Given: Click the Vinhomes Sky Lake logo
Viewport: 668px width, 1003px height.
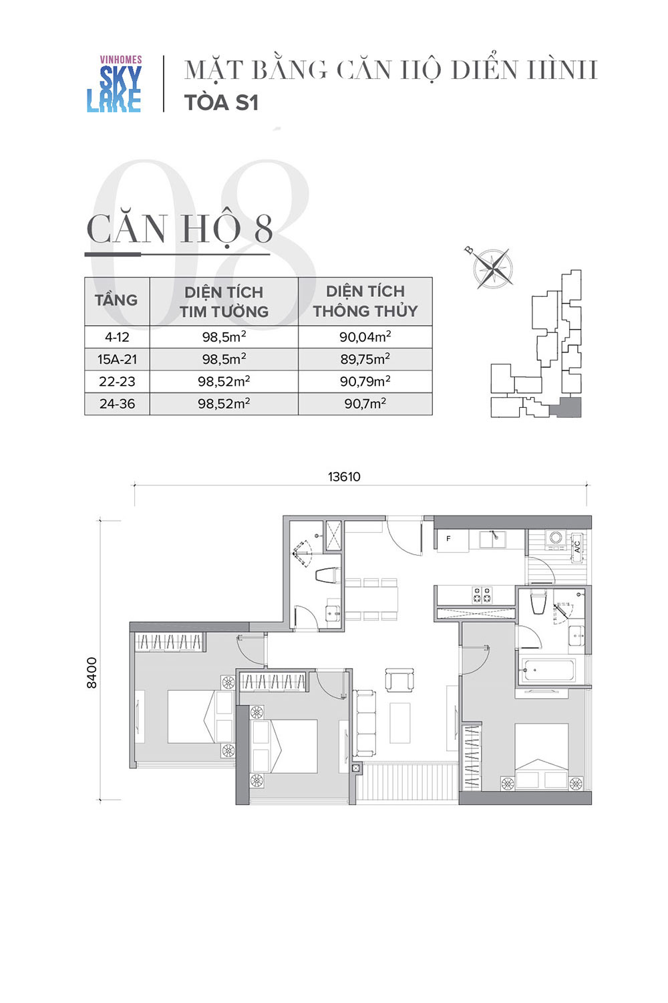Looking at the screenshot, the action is pos(114,84).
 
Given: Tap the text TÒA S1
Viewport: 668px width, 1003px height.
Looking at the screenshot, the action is pos(222,102).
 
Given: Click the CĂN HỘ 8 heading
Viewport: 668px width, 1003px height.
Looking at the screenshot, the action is pos(180,229).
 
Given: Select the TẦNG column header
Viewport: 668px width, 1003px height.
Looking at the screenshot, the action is pos(116,300).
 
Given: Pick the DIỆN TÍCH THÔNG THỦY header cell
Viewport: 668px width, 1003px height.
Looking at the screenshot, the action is pos(365,301).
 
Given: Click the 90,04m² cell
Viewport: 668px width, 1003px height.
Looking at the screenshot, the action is pos(365,337).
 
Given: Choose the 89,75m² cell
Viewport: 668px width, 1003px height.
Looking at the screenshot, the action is pos(365,359).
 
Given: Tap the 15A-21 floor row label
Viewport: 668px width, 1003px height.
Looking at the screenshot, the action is pos(117,359).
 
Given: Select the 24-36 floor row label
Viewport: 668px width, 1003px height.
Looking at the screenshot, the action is pos(117,404).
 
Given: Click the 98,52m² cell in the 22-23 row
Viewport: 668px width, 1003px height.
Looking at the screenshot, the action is pos(224,382).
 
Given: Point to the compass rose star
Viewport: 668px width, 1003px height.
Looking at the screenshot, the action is pos(492,269).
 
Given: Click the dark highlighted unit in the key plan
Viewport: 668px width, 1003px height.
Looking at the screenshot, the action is pos(566,407).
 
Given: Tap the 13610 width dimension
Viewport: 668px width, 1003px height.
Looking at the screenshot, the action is pos(344,476).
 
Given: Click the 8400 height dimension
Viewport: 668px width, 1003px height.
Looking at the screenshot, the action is pos(92,673).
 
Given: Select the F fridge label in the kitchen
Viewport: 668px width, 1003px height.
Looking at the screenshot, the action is pos(448,539).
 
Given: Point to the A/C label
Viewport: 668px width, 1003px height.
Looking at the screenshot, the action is pos(577,547).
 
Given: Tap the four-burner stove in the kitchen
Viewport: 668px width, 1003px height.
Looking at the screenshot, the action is pos(482,595).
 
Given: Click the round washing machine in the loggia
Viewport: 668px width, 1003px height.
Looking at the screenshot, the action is pos(556,537).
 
